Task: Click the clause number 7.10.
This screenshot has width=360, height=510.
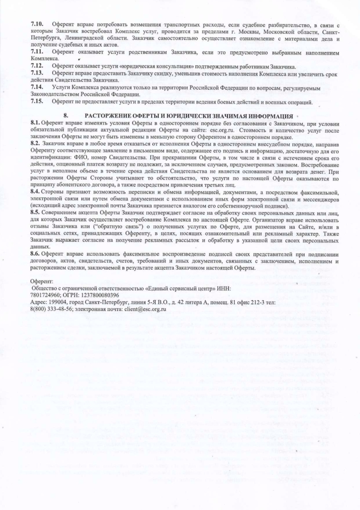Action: (36, 23)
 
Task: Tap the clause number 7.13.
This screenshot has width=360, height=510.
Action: (36, 72)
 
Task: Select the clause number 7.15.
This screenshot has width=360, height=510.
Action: (36, 102)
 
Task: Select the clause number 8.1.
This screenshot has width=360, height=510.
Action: (35, 123)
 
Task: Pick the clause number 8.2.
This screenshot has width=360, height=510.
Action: (35, 143)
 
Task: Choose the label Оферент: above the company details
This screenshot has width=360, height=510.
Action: (42, 281)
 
